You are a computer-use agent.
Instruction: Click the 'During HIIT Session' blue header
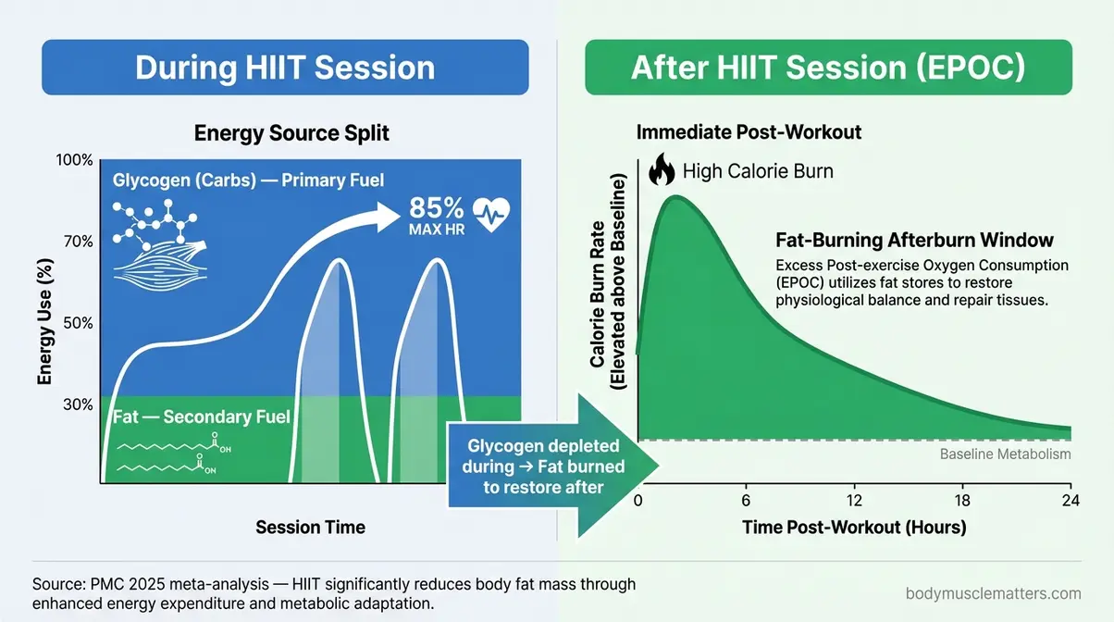(284, 68)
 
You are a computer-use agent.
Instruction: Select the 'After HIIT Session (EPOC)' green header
(828, 68)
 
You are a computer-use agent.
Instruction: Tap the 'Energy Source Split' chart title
(291, 133)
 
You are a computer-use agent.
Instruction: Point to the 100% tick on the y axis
(74, 160)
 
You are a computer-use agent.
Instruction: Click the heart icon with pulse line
(490, 216)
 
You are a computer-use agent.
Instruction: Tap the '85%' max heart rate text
(435, 207)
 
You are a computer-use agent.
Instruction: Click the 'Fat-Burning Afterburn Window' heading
(913, 241)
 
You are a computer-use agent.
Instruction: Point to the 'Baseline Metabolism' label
(1005, 454)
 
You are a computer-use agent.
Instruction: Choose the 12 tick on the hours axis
(854, 501)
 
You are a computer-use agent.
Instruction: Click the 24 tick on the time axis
(1070, 501)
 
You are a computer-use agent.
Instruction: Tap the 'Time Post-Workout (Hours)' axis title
(854, 528)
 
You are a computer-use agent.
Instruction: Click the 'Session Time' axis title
(310, 528)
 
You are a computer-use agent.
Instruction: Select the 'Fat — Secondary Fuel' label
(201, 417)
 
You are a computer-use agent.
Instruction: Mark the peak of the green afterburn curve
(675, 196)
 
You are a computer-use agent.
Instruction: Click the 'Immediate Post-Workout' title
(749, 132)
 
